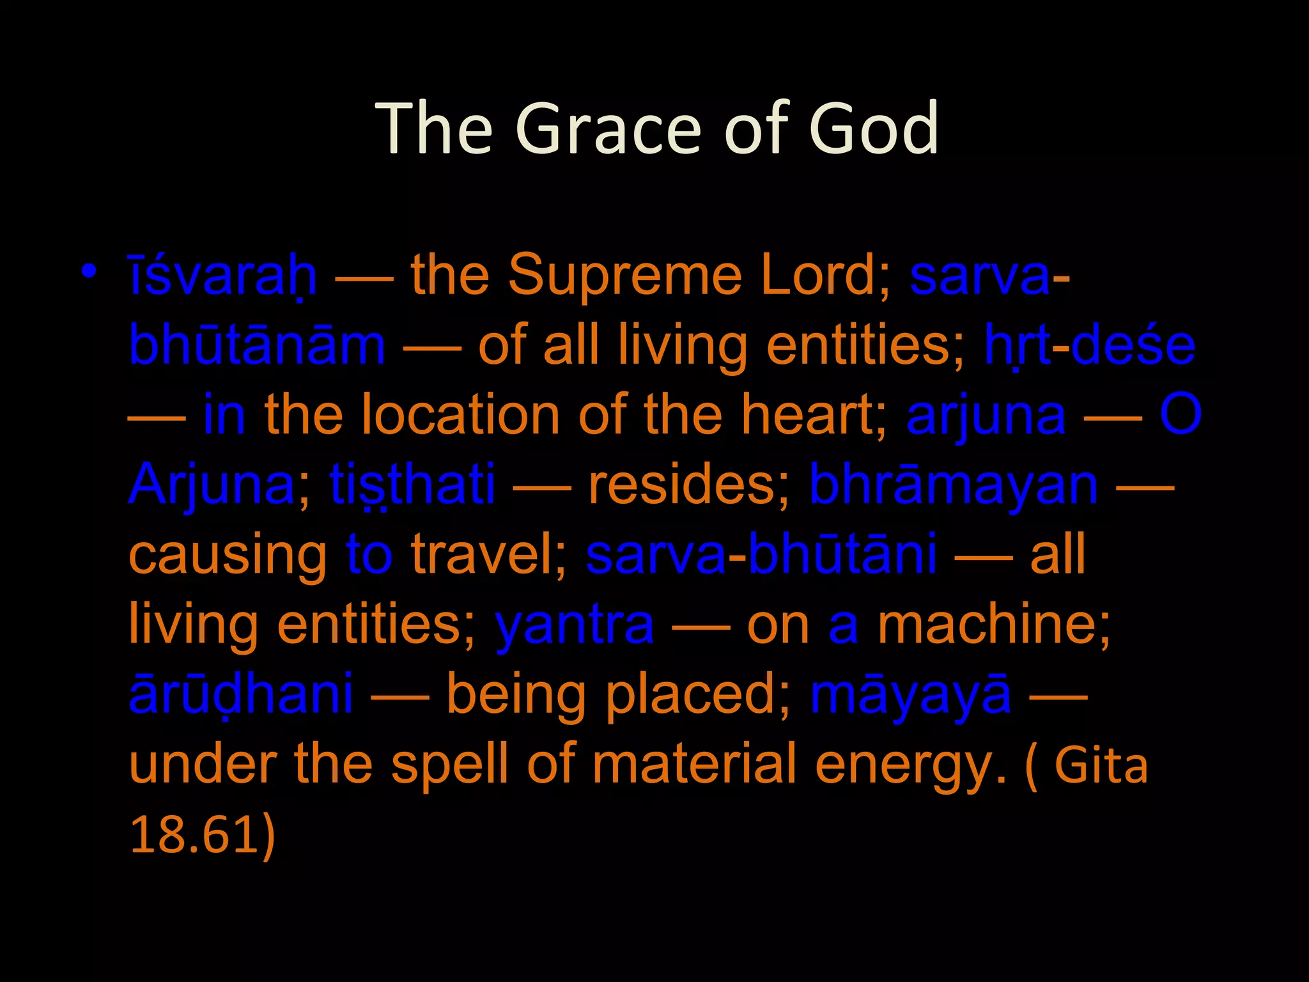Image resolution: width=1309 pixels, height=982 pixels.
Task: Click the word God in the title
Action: pyautogui.click(x=874, y=129)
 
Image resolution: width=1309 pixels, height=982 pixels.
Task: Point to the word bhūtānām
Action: pyautogui.click(x=257, y=346)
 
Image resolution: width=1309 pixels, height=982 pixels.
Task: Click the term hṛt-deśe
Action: pyautogui.click(x=1089, y=346)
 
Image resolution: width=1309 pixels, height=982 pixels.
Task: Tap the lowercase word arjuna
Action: pyautogui.click(x=986, y=416)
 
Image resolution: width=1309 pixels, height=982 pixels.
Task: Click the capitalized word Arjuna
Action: pyautogui.click(x=212, y=485)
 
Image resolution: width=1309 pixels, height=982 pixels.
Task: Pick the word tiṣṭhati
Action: pyautogui.click(x=412, y=485)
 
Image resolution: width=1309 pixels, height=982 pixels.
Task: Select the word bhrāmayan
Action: pyautogui.click(x=954, y=485)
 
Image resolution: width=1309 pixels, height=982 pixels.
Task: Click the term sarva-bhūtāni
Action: pyautogui.click(x=761, y=555)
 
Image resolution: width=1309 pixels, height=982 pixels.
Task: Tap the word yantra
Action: pyautogui.click(x=574, y=625)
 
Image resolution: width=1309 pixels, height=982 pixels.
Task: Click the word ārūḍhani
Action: pyautogui.click(x=241, y=694)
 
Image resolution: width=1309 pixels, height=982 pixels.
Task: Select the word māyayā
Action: pyautogui.click(x=911, y=694)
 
